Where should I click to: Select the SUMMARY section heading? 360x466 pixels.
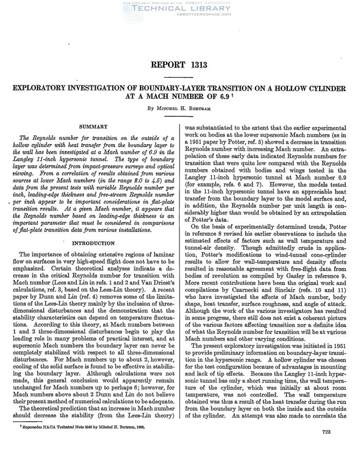pyautogui.click(x=93, y=126)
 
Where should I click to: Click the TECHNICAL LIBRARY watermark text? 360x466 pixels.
pyautogui.click(x=179, y=9)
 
